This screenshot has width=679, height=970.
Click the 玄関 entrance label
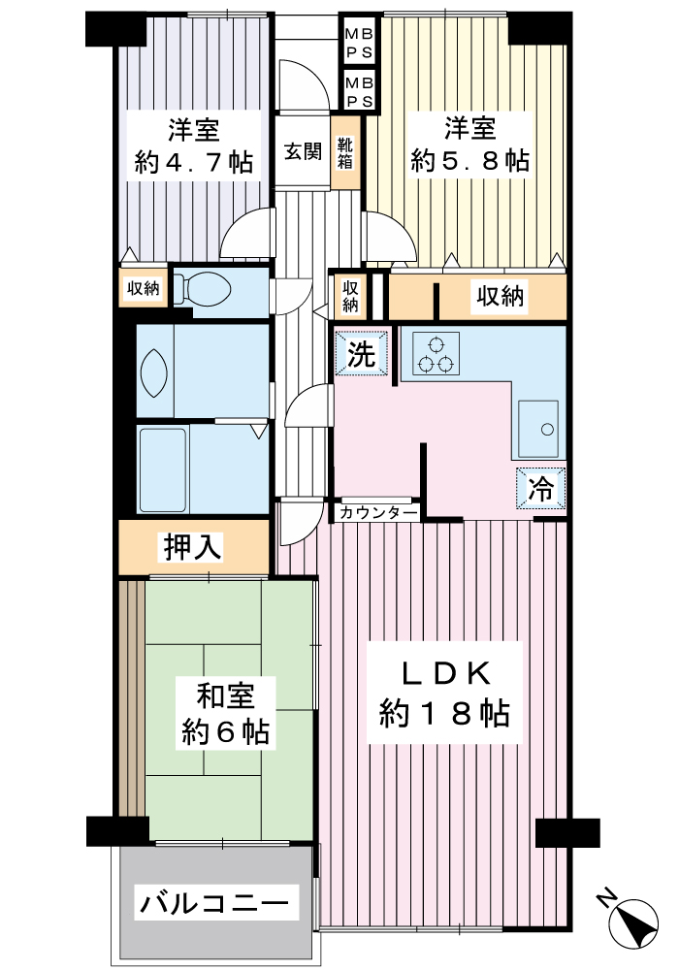pyautogui.click(x=303, y=151)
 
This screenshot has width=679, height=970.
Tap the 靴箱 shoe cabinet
pyautogui.click(x=345, y=153)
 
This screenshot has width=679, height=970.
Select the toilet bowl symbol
pyautogui.click(x=202, y=287)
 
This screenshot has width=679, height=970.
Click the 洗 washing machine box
pyautogui.click(x=361, y=353)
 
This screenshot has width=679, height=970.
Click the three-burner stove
pyautogui.click(x=435, y=354)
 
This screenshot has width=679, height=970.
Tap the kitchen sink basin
pyautogui.click(x=538, y=426)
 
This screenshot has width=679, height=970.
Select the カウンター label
pyautogui.click(x=378, y=512)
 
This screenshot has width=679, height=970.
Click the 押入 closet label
pyautogui.click(x=192, y=547)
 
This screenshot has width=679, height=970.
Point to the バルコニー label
pyautogui.click(x=214, y=903)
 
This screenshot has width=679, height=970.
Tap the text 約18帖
pyautogui.click(x=444, y=713)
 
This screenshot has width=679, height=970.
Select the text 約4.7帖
pyautogui.click(x=193, y=162)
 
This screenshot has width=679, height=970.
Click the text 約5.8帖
pyautogui.click(x=470, y=161)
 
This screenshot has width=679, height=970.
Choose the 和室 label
pyautogui.click(x=225, y=695)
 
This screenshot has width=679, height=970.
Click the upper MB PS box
pyautogui.click(x=359, y=43)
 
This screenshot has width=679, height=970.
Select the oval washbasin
pyautogui.click(x=153, y=372)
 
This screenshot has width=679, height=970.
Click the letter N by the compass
pyautogui.click(x=608, y=897)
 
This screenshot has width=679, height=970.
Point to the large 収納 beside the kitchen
pyautogui.click(x=501, y=296)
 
